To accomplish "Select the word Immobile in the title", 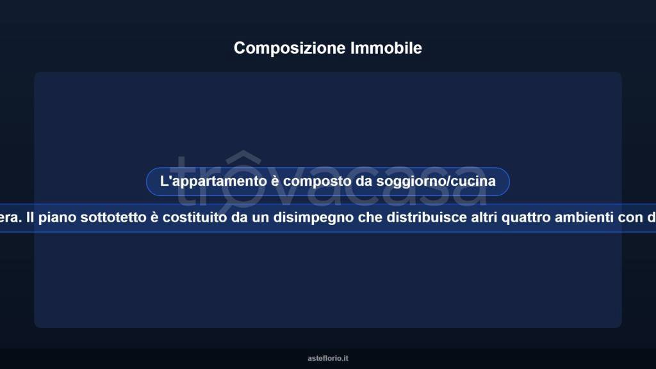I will [x=386, y=48].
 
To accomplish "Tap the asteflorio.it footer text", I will [x=328, y=359].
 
